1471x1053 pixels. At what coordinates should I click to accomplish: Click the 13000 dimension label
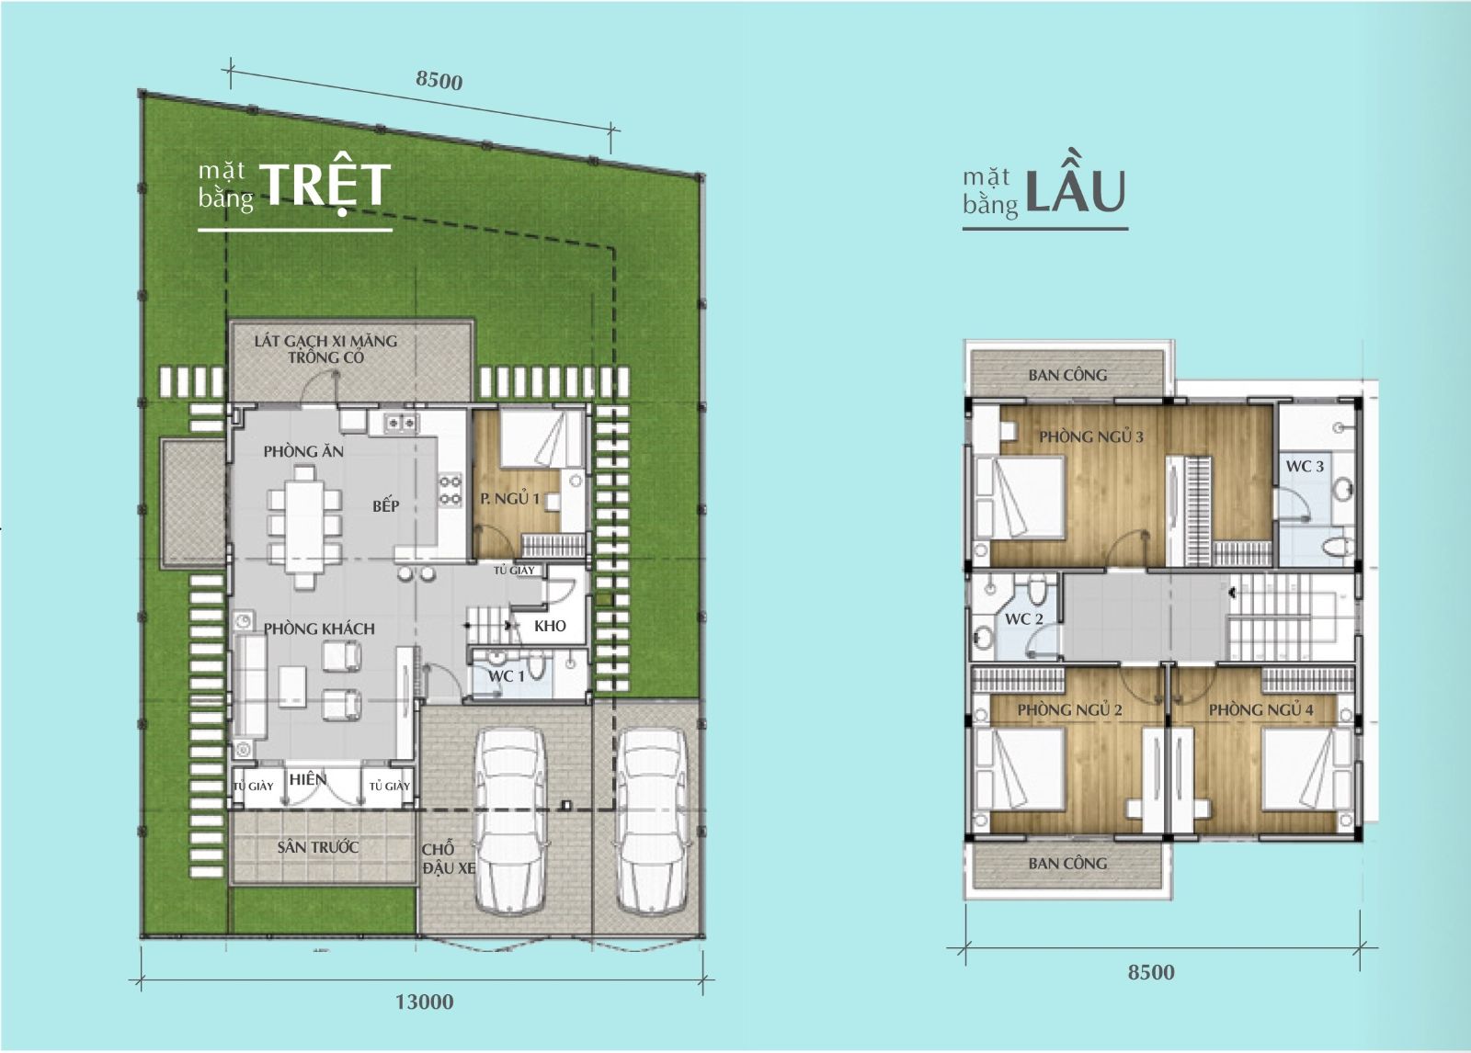424,1002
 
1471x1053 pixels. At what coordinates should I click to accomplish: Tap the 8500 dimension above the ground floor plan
439,80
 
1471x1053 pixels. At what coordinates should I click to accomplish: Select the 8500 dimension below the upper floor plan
1150,972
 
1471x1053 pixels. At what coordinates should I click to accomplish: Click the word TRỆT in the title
325,185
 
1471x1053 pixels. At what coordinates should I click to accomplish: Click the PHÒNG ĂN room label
303,451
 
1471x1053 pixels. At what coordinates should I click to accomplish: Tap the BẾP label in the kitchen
386,505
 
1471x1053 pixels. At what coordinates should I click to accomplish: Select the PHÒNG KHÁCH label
319,628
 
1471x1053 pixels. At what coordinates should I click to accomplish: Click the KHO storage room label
550,626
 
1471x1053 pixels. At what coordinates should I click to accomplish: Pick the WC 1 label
506,675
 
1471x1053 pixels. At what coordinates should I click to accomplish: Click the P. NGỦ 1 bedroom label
509,499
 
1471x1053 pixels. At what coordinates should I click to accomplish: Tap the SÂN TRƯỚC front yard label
318,847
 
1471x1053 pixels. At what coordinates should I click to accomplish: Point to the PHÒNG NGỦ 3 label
1091,436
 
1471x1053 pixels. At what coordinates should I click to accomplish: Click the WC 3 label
1304,466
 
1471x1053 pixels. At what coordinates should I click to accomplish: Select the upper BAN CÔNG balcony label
1067,375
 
